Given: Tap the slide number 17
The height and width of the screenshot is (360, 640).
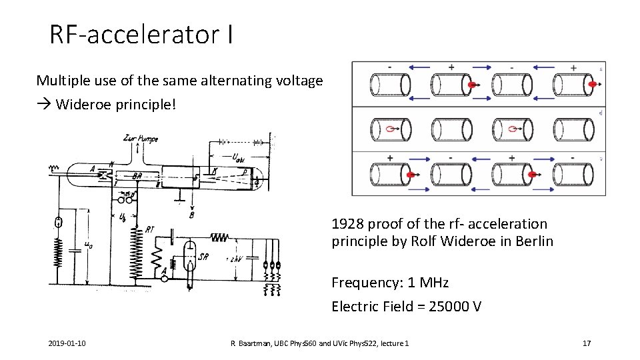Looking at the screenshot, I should click(587, 343).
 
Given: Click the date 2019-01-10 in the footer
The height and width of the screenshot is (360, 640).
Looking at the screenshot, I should click(66, 343).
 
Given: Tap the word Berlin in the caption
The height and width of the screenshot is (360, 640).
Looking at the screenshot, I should click(534, 241).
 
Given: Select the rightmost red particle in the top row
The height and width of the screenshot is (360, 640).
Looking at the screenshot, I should click(592, 85).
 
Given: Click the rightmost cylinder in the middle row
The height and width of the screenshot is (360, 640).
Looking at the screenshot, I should click(573, 130).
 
